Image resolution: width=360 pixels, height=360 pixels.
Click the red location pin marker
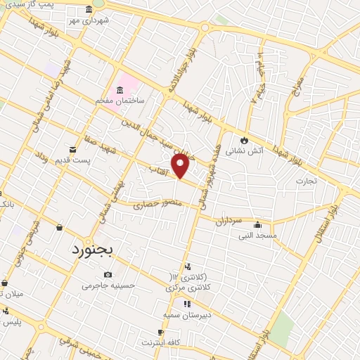[x=181, y=165]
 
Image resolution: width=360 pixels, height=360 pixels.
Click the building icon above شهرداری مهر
[x=88, y=10]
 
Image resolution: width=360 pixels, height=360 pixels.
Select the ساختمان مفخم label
[x=120, y=101]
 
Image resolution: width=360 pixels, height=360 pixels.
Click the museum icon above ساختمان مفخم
[x=120, y=90]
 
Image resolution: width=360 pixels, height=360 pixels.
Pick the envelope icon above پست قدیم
[x=72, y=149]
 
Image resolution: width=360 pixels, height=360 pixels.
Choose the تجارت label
[x=306, y=180]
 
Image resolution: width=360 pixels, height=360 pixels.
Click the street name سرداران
[x=229, y=220]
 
